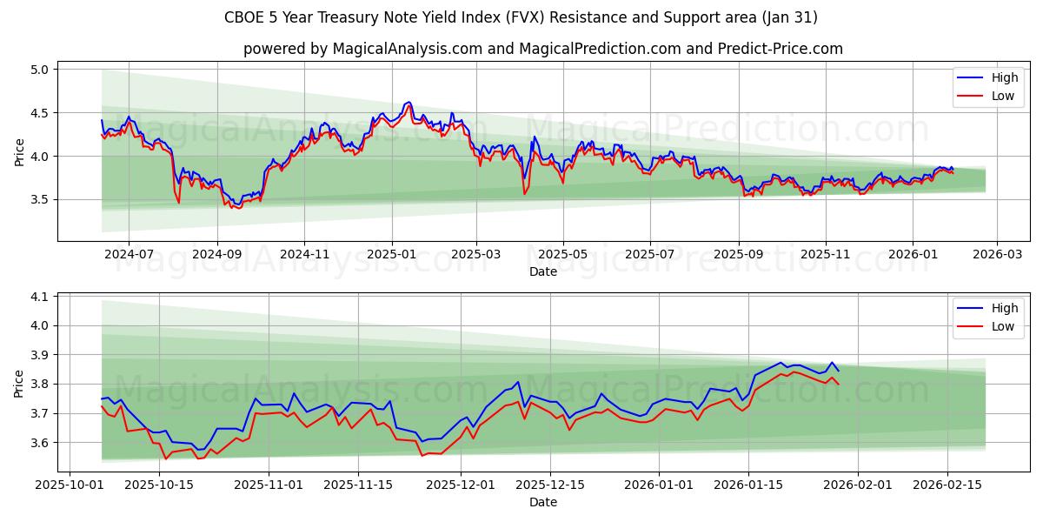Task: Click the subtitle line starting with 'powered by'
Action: (542, 49)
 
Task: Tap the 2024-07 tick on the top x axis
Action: (129, 254)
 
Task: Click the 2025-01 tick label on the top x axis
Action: (392, 254)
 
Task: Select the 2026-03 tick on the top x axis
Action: (996, 254)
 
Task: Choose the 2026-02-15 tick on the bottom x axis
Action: (947, 484)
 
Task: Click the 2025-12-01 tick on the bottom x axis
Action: (460, 484)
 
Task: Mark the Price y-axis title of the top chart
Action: (19, 151)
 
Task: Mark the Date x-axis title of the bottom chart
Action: (542, 502)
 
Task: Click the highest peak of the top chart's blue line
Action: (409, 102)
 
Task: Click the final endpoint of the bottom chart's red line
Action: (838, 385)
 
